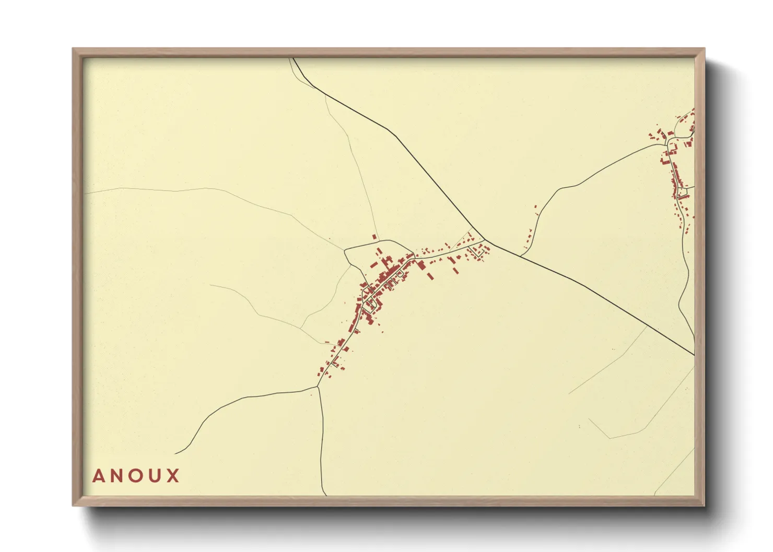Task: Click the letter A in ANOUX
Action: [x=99, y=476]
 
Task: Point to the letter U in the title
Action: [x=155, y=476]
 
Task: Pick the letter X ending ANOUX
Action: [x=172, y=476]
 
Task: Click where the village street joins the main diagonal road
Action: [x=485, y=240]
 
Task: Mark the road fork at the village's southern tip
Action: [x=318, y=387]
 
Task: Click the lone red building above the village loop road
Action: [x=374, y=237]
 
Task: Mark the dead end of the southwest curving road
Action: [x=175, y=453]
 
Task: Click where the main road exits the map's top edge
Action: [x=293, y=58]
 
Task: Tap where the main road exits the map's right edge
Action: [x=694, y=355]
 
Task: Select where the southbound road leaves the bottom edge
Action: [x=326, y=495]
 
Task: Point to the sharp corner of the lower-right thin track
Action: [x=610, y=438]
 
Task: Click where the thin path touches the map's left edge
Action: [x=85, y=194]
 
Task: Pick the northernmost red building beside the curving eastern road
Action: [x=535, y=207]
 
